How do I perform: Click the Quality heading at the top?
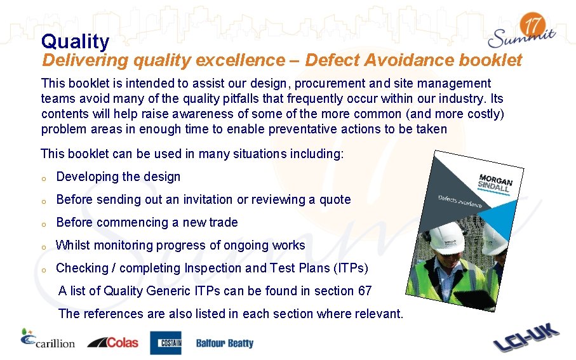75,42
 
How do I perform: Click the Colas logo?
113,342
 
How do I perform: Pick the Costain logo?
165,343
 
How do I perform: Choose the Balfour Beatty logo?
224,343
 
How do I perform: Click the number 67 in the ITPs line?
365,291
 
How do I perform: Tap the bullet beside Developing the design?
44,178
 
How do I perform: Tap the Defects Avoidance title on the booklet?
460,201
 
